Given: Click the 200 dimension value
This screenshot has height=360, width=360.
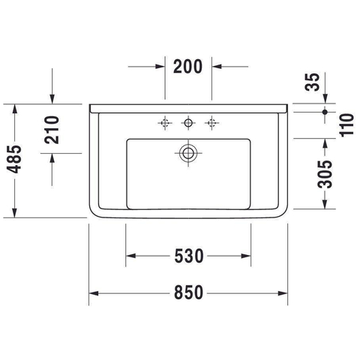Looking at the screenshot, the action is click(x=187, y=67).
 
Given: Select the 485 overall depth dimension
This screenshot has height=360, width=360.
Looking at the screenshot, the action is click(x=14, y=159).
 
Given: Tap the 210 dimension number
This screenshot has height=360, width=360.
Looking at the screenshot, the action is click(x=52, y=130).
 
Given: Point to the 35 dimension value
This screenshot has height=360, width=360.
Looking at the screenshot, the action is click(x=312, y=82).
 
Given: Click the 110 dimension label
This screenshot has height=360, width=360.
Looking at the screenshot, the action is click(x=347, y=125).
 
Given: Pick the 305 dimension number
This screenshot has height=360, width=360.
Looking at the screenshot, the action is click(x=325, y=174).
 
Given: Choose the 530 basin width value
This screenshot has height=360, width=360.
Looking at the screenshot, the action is click(x=189, y=256).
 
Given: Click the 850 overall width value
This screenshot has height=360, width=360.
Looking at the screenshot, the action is click(x=189, y=292).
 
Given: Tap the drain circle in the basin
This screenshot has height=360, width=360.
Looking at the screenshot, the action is click(x=188, y=153).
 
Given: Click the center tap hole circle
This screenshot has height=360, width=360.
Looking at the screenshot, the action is click(x=188, y=123).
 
